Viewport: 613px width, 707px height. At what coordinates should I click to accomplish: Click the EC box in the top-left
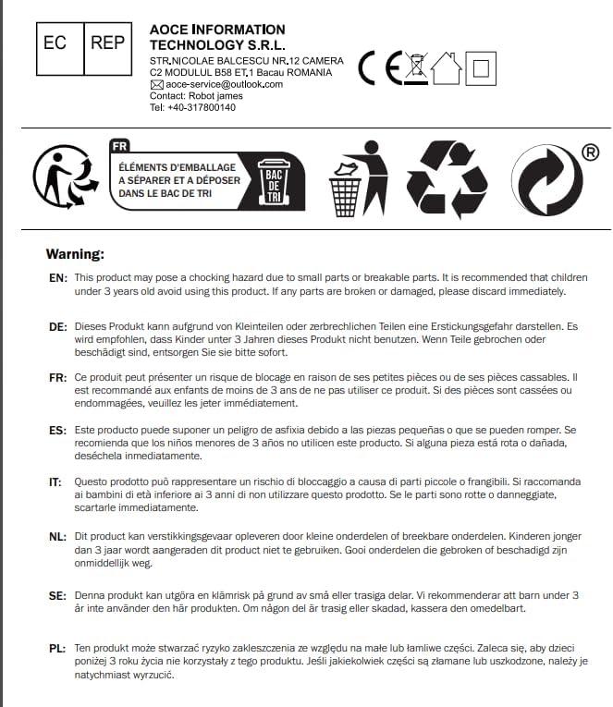[x=55, y=44]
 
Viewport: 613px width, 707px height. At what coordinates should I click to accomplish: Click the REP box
[x=107, y=44]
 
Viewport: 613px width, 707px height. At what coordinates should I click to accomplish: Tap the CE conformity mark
[x=379, y=68]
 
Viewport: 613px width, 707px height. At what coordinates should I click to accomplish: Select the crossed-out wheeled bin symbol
[x=417, y=68]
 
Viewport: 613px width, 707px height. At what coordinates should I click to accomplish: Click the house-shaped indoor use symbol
[x=446, y=67]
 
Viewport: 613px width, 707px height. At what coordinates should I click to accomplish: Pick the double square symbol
[x=481, y=68]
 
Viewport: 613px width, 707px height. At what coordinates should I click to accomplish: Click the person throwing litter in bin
[x=358, y=179]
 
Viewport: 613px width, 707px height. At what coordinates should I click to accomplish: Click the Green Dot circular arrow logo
[x=546, y=180]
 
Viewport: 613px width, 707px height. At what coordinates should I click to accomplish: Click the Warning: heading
[x=75, y=253]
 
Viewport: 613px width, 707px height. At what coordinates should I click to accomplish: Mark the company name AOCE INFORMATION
[x=217, y=30]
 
